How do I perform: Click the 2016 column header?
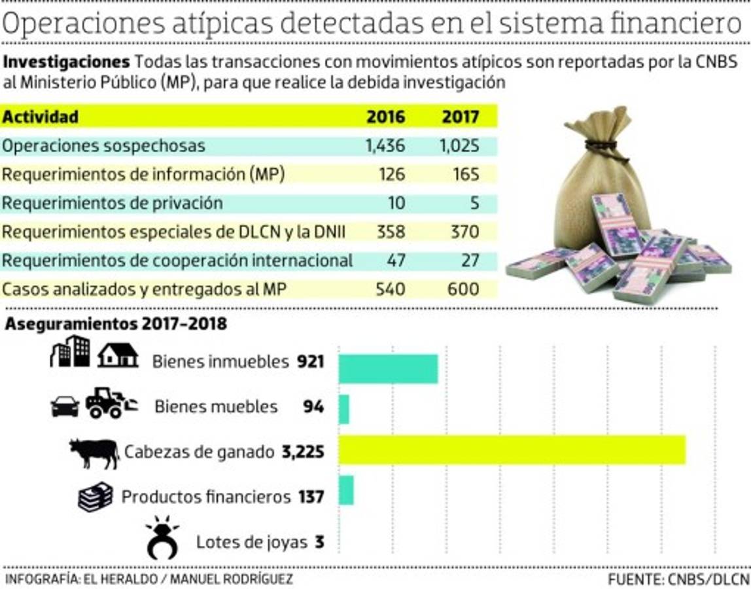point(385,116)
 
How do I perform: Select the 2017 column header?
point(461,116)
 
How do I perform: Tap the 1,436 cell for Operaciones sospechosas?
point(385,145)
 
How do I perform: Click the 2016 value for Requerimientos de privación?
point(396,203)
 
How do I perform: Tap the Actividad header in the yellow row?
point(41,116)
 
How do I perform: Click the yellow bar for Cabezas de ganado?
point(512,450)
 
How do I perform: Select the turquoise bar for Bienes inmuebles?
point(388,368)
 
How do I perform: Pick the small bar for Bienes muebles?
point(344,409)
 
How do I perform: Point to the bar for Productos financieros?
point(346,490)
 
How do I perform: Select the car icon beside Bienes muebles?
point(65,407)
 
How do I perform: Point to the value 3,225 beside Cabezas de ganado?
point(303,452)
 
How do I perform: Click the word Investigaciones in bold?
point(67,63)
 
